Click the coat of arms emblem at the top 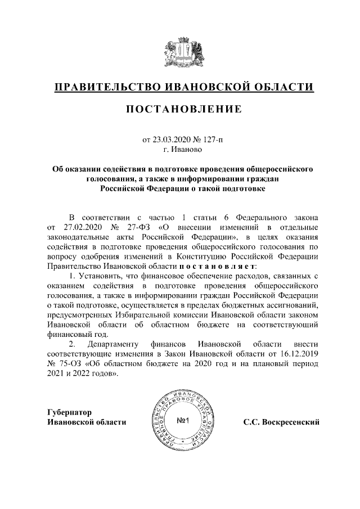click(x=179, y=53)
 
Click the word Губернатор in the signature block click(x=71, y=412)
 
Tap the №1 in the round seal click(x=186, y=421)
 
